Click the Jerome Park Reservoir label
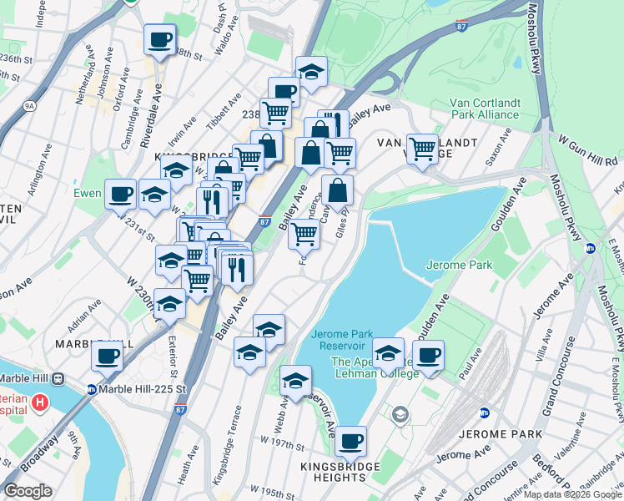(x=339, y=340)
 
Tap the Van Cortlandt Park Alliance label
(x=473, y=109)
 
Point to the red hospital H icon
(x=39, y=404)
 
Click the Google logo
(x=28, y=491)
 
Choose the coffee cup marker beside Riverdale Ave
(x=159, y=38)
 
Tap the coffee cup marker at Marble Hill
(x=108, y=356)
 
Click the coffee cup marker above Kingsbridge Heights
(x=351, y=439)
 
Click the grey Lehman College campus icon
(x=401, y=415)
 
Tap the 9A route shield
(x=29, y=106)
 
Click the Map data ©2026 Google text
(x=572, y=494)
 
